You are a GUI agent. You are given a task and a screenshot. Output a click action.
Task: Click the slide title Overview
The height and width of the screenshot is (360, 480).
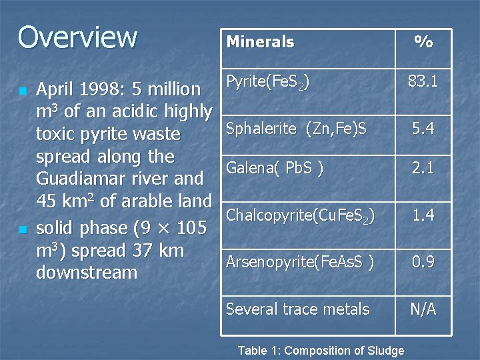click(x=77, y=37)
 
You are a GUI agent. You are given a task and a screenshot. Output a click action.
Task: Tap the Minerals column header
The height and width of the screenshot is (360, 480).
click(x=260, y=42)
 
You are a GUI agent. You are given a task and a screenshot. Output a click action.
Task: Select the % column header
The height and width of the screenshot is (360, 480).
click(x=423, y=42)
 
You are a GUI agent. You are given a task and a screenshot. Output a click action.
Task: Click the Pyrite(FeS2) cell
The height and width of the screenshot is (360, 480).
click(x=267, y=83)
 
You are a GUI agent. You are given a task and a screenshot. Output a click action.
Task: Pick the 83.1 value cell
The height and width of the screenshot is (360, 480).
click(x=423, y=82)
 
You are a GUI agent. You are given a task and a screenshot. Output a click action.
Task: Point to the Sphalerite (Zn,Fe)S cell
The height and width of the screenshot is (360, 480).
click(x=296, y=129)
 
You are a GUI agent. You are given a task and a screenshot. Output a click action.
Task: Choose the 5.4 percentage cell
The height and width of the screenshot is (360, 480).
click(x=423, y=129)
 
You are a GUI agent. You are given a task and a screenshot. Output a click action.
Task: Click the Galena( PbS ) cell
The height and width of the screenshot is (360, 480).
click(x=275, y=169)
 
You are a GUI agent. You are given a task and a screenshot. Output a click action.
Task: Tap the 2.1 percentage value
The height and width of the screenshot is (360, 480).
click(x=423, y=169)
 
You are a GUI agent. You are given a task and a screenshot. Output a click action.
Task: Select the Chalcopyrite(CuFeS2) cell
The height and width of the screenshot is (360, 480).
click(x=300, y=215)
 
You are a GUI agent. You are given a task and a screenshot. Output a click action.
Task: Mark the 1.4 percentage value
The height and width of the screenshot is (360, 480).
click(x=423, y=215)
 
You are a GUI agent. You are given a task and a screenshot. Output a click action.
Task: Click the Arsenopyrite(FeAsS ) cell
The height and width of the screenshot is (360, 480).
click(x=300, y=262)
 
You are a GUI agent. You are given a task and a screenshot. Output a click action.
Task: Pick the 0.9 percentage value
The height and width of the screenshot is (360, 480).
click(x=423, y=262)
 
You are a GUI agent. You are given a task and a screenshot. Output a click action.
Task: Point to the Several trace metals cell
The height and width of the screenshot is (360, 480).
click(x=297, y=309)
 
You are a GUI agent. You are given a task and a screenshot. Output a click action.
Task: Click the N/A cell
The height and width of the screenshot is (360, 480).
click(x=423, y=309)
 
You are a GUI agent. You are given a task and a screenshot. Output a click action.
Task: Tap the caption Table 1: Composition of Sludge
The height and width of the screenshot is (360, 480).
click(x=321, y=351)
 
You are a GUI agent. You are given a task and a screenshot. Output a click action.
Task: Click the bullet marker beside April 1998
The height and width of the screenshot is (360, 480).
click(x=23, y=90)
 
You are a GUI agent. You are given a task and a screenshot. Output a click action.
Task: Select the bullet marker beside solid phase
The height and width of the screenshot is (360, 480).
click(x=23, y=229)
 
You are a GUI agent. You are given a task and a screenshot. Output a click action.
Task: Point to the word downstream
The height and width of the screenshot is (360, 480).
click(x=87, y=273)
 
